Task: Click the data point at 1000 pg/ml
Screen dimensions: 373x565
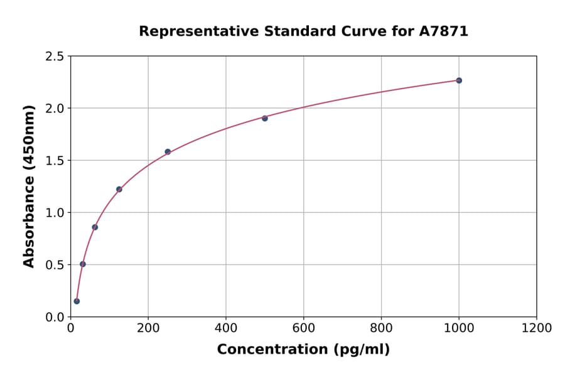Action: (459, 80)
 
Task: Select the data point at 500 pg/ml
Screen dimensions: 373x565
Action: (265, 118)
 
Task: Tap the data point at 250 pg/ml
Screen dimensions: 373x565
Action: (168, 151)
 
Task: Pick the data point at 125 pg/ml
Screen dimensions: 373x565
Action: (119, 189)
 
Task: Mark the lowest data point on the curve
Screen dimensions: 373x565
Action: (77, 301)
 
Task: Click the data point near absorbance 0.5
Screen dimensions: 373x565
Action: (83, 264)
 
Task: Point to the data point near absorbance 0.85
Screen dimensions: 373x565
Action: (95, 227)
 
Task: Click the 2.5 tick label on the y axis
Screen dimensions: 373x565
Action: (54, 57)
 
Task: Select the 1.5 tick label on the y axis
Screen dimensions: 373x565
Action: (54, 161)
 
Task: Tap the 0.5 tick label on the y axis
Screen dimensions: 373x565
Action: (54, 265)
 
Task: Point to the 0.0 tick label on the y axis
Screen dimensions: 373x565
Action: (54, 317)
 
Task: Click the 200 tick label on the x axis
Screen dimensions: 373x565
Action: (148, 328)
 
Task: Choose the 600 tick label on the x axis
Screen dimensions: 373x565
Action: (304, 328)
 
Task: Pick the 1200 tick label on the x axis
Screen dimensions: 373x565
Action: (537, 328)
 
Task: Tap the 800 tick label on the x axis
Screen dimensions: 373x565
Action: (381, 328)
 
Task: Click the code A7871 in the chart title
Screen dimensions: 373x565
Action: (443, 31)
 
